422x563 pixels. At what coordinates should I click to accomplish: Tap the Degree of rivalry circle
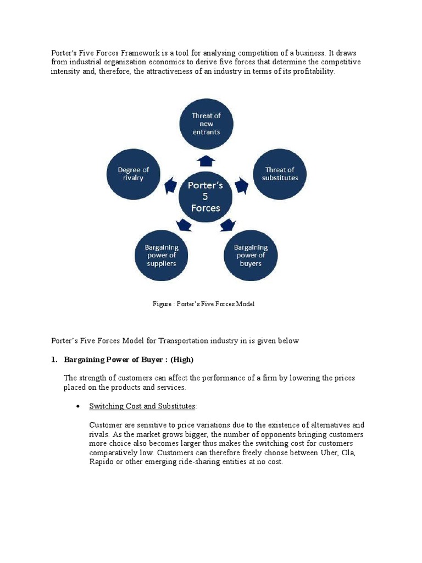(133, 174)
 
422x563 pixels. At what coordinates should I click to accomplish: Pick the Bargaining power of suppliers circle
(161, 255)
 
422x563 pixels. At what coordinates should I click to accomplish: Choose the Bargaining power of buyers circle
(251, 255)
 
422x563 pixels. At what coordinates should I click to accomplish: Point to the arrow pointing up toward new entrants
(206, 160)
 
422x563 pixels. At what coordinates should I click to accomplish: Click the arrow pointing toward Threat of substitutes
(241, 185)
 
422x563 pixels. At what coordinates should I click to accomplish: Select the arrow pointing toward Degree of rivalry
(171, 185)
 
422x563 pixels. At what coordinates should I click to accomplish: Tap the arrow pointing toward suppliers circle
(184, 224)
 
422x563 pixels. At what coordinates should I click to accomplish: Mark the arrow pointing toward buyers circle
(227, 224)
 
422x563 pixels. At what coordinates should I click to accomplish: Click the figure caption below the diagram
(204, 304)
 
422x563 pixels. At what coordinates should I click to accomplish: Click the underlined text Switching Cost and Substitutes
(142, 406)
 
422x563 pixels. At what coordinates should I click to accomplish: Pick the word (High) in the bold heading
(182, 360)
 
